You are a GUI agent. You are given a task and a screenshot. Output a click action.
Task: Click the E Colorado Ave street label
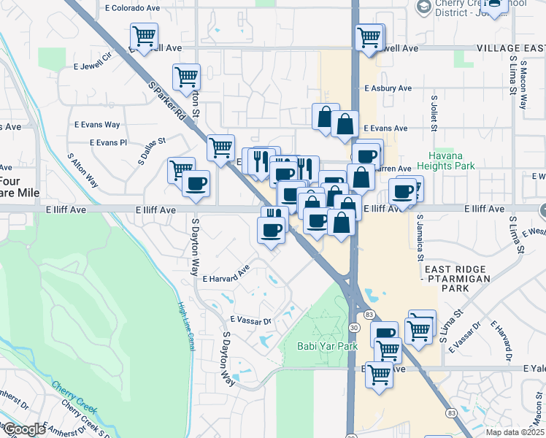click(x=133, y=9)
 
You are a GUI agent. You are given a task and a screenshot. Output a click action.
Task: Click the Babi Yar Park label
click(x=327, y=346)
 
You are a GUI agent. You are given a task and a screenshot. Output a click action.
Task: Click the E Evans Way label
click(x=96, y=125)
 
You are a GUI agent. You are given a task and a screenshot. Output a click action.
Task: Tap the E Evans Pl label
click(x=103, y=142)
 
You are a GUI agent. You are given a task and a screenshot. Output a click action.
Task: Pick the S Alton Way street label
click(x=82, y=170)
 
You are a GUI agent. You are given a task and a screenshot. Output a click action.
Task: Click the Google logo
click(x=24, y=429)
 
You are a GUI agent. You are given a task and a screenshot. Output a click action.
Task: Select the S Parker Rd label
click(x=169, y=102)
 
